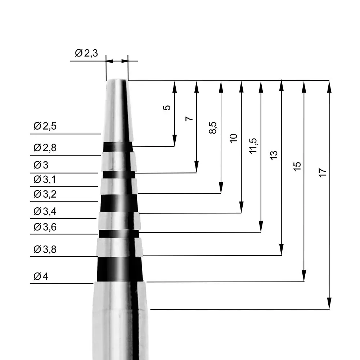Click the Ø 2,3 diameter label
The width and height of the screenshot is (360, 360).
point(86,54)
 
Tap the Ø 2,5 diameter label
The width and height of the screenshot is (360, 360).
point(45,126)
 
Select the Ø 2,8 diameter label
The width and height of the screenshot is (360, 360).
point(45,148)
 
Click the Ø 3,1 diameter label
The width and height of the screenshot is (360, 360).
point(45,179)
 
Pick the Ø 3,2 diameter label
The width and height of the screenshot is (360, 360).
point(45,194)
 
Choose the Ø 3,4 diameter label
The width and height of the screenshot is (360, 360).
point(45,211)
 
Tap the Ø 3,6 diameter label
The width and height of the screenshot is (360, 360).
point(45,227)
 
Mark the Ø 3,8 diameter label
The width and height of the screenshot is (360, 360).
point(45,249)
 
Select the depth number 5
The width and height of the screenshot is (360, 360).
point(166,108)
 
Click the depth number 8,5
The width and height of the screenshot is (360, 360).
point(213,128)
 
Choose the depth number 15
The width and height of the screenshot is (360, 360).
point(297,166)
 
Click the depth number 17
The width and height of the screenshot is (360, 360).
point(323,172)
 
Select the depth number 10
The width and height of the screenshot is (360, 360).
point(234,138)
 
